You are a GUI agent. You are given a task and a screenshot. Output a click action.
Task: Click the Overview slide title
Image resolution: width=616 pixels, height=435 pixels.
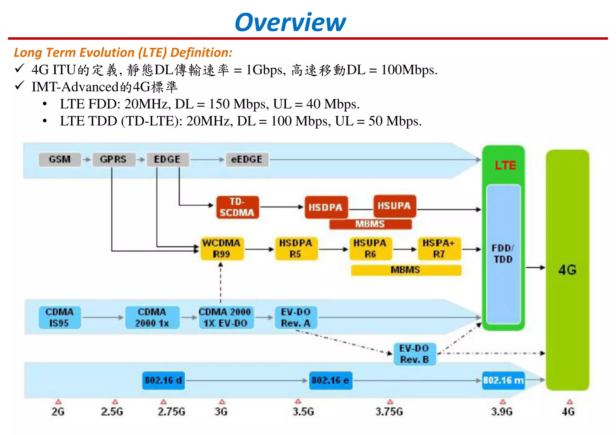(x=290, y=22)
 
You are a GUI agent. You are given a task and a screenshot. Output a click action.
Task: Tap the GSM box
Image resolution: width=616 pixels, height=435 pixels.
(x=60, y=159)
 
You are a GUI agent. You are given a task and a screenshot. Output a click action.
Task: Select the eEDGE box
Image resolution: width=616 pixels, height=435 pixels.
(x=247, y=159)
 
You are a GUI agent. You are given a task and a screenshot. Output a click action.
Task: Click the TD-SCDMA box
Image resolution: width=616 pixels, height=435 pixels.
(x=237, y=207)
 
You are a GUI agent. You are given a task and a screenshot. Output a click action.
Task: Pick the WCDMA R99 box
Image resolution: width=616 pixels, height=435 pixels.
(x=222, y=248)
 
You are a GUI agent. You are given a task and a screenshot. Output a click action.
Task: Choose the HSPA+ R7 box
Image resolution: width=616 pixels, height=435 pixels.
(x=439, y=248)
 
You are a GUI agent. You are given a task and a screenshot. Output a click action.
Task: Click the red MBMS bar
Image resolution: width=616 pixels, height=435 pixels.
(x=370, y=224)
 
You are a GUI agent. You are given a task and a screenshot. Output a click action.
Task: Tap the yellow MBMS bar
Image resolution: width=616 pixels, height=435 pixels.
(x=406, y=270)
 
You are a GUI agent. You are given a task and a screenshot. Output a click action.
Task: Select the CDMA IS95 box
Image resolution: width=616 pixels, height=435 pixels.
(x=60, y=317)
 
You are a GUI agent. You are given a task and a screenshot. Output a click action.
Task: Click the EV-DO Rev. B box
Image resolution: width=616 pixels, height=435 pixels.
(x=414, y=354)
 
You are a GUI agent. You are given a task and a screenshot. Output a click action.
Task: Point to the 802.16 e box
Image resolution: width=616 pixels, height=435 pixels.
(x=330, y=381)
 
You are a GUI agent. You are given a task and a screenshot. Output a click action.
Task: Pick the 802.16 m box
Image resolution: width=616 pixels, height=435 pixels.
(x=503, y=381)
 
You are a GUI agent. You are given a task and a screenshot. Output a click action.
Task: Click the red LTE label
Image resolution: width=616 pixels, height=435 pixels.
(x=505, y=165)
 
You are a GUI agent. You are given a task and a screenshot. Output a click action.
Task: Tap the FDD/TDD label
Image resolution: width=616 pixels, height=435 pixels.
(x=503, y=254)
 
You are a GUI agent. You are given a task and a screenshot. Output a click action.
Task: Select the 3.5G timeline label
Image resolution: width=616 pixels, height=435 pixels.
(x=303, y=411)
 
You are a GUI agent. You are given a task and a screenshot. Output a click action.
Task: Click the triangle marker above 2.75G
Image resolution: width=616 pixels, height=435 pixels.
(x=163, y=402)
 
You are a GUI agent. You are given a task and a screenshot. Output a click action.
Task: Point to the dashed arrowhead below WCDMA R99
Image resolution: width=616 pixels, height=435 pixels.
(x=221, y=265)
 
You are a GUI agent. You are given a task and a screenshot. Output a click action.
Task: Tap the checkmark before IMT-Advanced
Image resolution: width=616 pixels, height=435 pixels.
(x=20, y=86)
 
